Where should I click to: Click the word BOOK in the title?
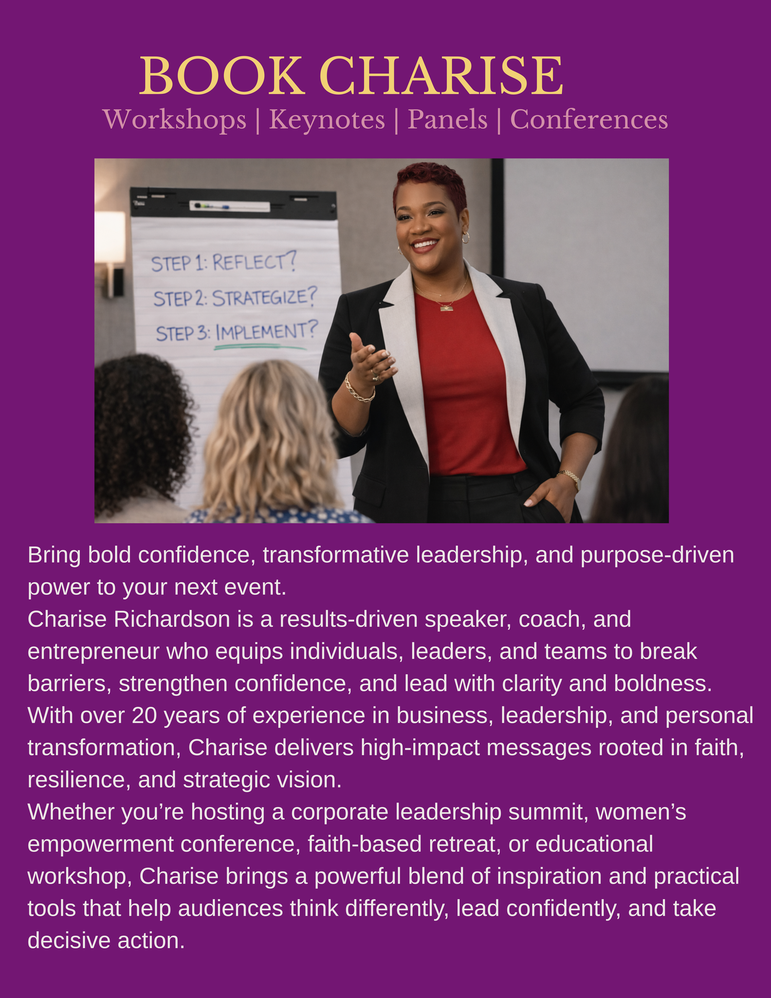point(222,76)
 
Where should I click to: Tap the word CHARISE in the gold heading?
point(442,76)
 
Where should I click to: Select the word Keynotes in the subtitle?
point(327,120)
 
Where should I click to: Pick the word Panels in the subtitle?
point(447,119)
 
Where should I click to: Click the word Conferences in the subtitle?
point(589,119)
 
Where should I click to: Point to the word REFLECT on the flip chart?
point(254,262)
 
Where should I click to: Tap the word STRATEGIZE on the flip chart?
point(264,297)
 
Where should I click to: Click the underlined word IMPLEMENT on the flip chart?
point(266,332)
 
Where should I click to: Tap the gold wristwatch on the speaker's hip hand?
point(571,478)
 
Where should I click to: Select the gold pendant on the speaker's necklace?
point(446,307)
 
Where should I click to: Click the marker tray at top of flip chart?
point(230,206)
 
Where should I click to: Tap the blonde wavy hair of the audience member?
point(270,437)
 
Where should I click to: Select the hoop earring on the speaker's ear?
point(466,238)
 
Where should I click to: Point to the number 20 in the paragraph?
point(144,716)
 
